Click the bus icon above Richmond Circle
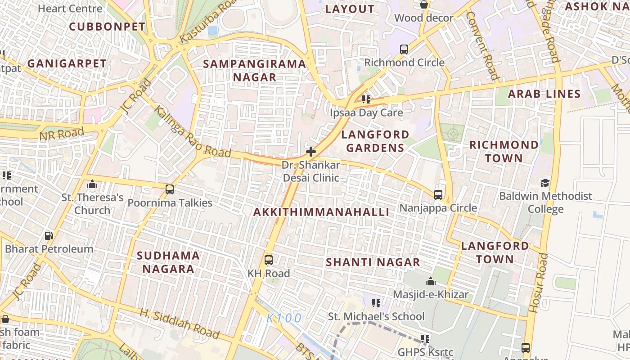click(404, 49)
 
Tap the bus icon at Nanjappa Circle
click(438, 195)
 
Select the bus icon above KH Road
click(269, 260)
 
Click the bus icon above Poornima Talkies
click(170, 189)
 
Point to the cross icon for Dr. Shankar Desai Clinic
click(310, 152)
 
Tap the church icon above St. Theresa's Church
click(92, 184)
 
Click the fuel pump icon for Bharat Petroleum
click(49, 236)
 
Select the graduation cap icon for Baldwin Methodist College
click(545, 183)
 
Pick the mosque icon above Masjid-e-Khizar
click(431, 282)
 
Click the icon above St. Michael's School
click(376, 303)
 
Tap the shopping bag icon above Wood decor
click(423, 5)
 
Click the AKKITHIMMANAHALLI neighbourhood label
click(321, 212)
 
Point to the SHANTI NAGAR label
click(373, 262)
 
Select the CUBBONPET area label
click(107, 27)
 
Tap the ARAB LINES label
click(544, 94)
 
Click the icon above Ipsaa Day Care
click(366, 99)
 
